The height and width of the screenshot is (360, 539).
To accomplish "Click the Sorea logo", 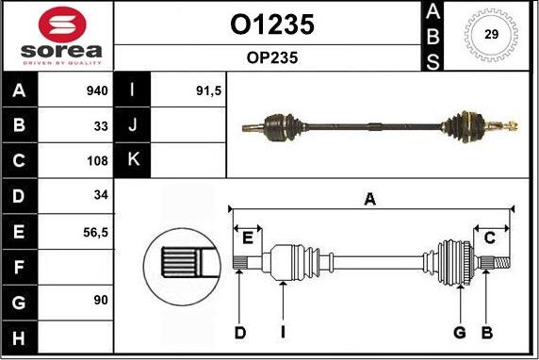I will (x=57, y=37).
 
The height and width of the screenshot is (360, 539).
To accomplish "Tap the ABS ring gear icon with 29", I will (x=491, y=35).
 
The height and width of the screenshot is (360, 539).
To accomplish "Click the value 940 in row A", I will (x=97, y=91).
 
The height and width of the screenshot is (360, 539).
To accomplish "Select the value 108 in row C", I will (x=98, y=160).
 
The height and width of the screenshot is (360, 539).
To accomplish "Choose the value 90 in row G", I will (x=101, y=300).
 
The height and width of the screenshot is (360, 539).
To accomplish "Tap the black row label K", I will (x=133, y=160).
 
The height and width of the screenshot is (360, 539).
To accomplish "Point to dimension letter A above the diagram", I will (x=371, y=199).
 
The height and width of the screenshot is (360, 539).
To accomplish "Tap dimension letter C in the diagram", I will (x=490, y=238).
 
